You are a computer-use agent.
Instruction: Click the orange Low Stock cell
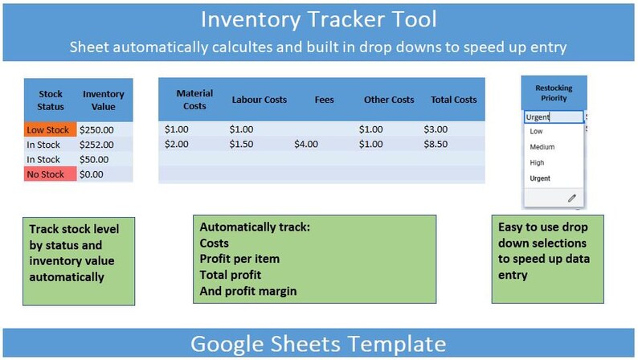pos(50,129)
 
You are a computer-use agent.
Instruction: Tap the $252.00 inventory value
pos(96,145)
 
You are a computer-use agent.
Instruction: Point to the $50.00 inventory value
pos(94,159)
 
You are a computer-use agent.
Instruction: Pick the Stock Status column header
pos(50,100)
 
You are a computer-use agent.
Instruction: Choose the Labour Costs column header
pos(259,100)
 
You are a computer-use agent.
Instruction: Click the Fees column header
pos(324,100)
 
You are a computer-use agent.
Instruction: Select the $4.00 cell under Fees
pos(306,144)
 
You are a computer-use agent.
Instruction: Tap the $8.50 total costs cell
pos(436,144)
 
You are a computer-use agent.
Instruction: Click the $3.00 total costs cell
pos(436,129)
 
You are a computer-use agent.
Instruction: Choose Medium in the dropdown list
pos(542,147)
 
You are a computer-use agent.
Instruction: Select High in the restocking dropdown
pos(537,162)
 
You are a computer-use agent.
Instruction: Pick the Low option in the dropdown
pos(536,132)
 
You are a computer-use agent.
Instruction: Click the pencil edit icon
pos(572,198)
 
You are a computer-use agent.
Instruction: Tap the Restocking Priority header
pos(554,92)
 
